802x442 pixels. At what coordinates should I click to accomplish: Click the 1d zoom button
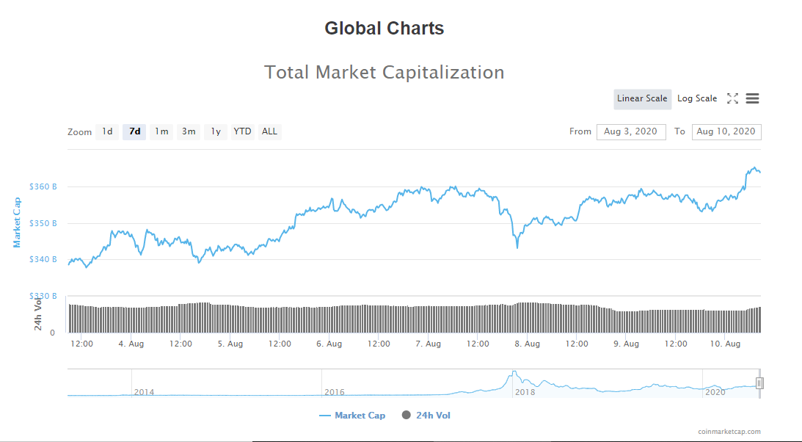tap(107, 132)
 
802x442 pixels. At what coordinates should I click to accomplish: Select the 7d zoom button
tap(134, 132)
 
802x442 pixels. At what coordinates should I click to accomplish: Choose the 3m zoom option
tap(189, 132)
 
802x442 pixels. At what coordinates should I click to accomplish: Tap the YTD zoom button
tap(242, 132)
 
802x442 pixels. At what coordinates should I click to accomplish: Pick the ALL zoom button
tap(269, 132)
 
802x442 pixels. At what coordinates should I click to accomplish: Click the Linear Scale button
tap(642, 99)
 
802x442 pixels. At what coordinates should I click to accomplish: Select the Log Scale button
tap(697, 99)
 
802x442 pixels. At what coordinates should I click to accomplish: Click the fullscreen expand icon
tap(732, 98)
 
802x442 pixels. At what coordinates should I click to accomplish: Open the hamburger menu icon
tap(752, 98)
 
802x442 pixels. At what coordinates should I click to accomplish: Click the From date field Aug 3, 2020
tap(631, 132)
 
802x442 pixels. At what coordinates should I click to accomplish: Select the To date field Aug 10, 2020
tap(726, 132)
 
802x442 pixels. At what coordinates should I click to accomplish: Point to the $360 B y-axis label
tap(43, 186)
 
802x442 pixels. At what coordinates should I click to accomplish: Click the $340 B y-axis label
tap(43, 259)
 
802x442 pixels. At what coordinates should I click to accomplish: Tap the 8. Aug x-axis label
tap(527, 344)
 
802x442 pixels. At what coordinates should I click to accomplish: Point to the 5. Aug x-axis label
tap(230, 344)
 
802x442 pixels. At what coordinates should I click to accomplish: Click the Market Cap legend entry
tap(352, 416)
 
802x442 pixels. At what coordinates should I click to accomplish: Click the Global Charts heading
tap(384, 29)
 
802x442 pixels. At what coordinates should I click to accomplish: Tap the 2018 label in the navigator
tap(525, 392)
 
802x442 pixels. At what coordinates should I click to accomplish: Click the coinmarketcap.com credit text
tap(729, 432)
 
